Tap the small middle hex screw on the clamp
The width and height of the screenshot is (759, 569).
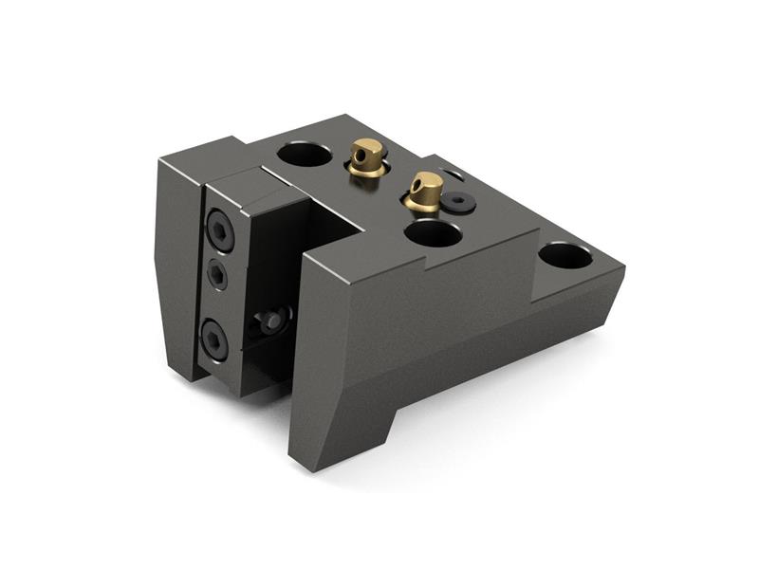click(x=218, y=275)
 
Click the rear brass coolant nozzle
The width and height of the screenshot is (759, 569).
click(x=365, y=157)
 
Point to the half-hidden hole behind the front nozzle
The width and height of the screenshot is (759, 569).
click(x=454, y=174)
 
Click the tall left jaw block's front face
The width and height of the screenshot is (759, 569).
click(x=176, y=266)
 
